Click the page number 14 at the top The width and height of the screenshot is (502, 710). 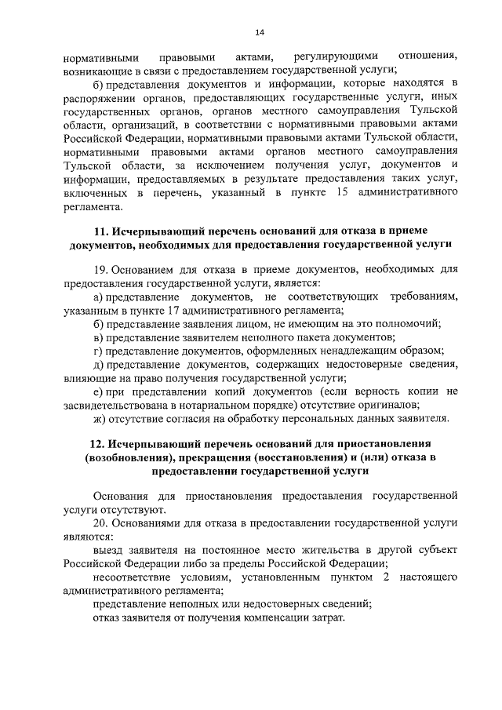pos(260,31)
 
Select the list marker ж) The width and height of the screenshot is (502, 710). pos(99,417)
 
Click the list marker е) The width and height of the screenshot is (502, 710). pos(98,391)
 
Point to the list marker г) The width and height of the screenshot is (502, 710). pos(97,351)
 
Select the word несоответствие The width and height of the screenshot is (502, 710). pos(133,577)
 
